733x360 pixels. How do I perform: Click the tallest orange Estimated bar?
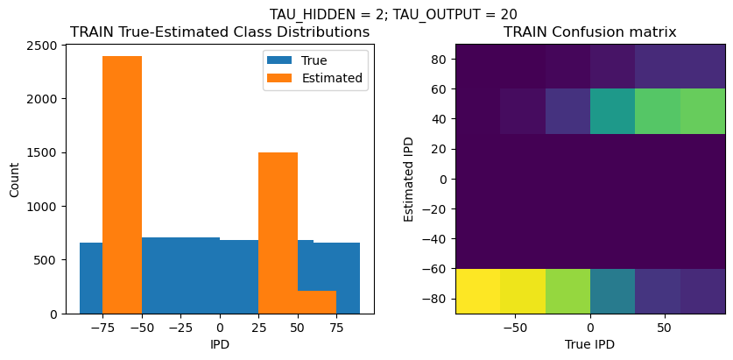(122, 184)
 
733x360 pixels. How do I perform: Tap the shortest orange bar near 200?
(317, 302)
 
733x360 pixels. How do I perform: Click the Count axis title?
(14, 179)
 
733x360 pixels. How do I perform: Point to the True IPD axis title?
(590, 344)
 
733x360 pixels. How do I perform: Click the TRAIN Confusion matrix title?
(589, 32)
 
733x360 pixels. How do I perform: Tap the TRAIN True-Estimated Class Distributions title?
(220, 32)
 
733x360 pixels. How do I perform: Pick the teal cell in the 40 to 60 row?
(613, 111)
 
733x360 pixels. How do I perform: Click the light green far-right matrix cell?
(703, 111)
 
